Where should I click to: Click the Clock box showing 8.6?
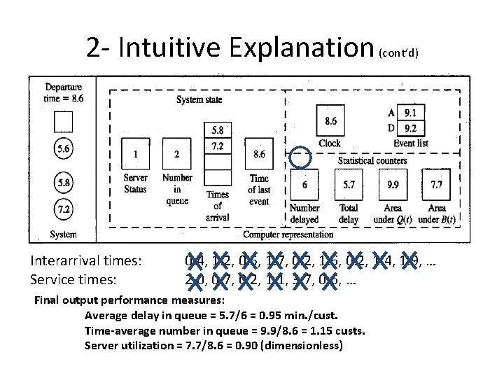click(330, 121)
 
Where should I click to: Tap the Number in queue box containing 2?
click(177, 154)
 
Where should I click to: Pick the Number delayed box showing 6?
click(304, 185)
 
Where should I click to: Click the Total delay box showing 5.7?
click(348, 185)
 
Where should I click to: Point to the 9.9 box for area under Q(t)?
click(393, 185)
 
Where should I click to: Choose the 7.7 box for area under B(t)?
click(436, 185)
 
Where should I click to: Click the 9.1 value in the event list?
click(411, 112)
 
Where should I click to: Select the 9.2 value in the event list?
click(411, 128)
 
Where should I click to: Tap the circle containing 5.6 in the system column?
click(63, 150)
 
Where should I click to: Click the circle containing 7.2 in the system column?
click(63, 209)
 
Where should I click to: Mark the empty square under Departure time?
click(63, 122)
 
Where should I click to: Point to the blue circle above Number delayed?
click(300, 159)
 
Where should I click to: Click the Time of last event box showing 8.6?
click(258, 154)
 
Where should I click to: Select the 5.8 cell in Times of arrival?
click(217, 131)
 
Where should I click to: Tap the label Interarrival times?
click(86, 261)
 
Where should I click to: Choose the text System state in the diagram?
click(199, 99)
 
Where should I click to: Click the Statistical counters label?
click(372, 160)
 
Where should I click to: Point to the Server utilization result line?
click(213, 345)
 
